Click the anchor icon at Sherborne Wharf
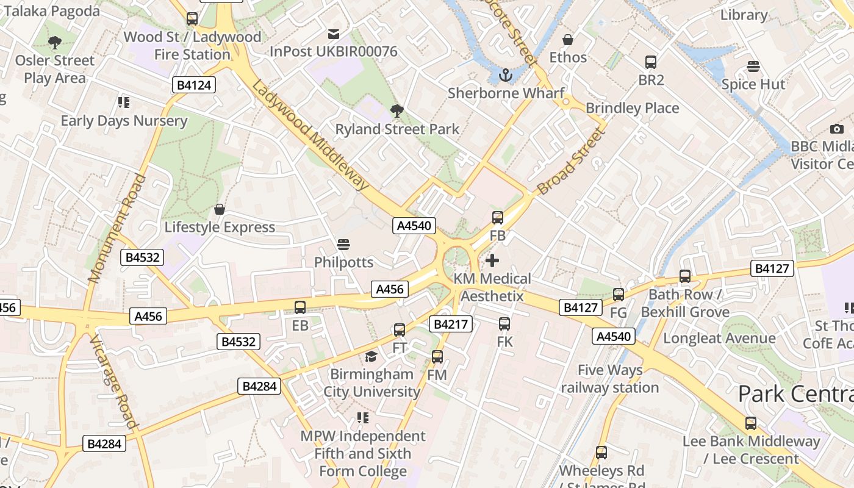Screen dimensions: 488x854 click(x=505, y=76)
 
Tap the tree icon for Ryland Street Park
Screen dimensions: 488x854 click(x=397, y=111)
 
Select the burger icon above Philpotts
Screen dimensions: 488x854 click(x=343, y=245)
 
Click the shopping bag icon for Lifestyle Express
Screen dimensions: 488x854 click(x=220, y=210)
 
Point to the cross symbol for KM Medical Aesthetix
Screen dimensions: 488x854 click(x=492, y=261)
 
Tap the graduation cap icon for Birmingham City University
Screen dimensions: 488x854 click(x=371, y=356)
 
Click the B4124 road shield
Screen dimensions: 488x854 click(x=194, y=85)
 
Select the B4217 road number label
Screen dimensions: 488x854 click(x=451, y=324)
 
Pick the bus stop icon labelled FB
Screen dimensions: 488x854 click(x=498, y=218)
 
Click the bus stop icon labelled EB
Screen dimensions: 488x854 click(x=300, y=307)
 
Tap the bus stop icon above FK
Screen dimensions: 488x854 click(x=504, y=324)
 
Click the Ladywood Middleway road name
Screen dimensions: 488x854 click(x=310, y=135)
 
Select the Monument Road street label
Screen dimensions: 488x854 click(x=118, y=229)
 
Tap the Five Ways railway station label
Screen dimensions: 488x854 click(x=610, y=379)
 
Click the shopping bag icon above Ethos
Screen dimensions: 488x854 click(x=568, y=40)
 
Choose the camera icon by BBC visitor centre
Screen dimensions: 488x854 click(x=837, y=129)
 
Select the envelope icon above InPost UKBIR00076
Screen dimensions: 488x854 click(x=334, y=34)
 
